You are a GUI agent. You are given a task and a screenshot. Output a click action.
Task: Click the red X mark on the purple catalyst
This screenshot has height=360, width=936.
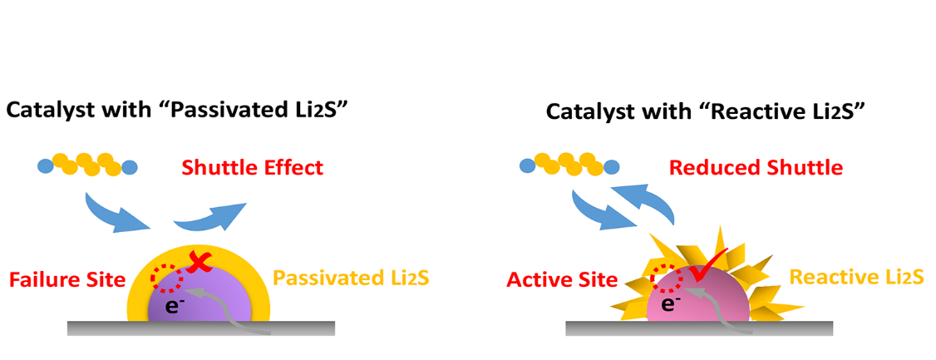pyautogui.click(x=198, y=263)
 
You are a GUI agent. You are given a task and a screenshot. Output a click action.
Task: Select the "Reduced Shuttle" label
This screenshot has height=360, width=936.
pyautogui.click(x=756, y=168)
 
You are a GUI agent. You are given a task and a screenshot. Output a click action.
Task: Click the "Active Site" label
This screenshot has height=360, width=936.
pyautogui.click(x=562, y=279)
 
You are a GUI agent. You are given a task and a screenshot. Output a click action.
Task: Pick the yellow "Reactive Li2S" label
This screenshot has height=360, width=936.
pyautogui.click(x=856, y=277)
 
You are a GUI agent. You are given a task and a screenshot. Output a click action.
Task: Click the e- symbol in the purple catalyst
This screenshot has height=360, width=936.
pyautogui.click(x=171, y=306)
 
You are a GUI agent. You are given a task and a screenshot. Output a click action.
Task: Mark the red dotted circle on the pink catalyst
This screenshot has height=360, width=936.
pyautogui.click(x=668, y=278)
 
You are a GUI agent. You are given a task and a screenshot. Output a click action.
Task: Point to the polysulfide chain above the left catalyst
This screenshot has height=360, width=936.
pyautogui.click(x=86, y=165)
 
